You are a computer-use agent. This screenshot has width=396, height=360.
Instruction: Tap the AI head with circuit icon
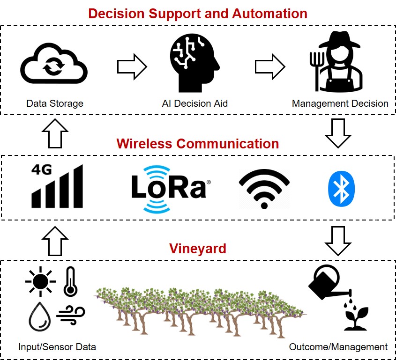(194, 64)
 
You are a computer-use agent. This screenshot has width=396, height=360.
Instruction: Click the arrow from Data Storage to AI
(132, 67)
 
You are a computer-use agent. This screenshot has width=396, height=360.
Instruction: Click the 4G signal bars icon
(57, 186)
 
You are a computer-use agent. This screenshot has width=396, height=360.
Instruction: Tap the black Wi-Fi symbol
(264, 189)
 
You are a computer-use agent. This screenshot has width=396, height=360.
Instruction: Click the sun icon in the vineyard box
(41, 281)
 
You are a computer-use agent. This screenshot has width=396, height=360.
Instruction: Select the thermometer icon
(70, 282)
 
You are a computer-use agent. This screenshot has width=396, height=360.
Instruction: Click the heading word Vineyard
(198, 248)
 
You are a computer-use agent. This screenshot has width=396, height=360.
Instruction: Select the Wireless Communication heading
(198, 143)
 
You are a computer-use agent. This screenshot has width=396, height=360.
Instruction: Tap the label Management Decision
(340, 103)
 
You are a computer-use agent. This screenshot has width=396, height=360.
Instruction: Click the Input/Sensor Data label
(57, 347)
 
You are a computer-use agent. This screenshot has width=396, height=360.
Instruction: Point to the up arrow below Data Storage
(55, 132)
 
